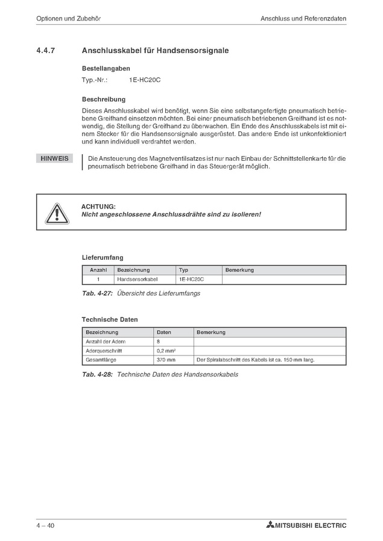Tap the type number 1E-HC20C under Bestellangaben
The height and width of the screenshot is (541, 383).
point(144,80)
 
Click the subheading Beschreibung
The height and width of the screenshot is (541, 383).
point(103,99)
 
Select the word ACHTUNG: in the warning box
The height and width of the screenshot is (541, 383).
point(98,207)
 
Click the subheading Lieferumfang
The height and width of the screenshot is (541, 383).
point(103,257)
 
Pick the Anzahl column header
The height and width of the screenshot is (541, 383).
point(98,270)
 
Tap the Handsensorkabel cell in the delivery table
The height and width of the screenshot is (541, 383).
point(137,280)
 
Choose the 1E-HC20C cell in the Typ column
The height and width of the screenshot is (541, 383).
point(192,280)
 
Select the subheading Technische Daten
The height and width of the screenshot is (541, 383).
point(110,319)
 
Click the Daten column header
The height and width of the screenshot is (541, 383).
point(164,332)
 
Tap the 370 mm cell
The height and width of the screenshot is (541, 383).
point(166,360)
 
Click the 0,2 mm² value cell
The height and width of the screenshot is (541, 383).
point(166,351)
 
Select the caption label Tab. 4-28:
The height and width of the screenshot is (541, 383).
point(98,374)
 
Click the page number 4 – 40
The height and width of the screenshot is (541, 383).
point(45,525)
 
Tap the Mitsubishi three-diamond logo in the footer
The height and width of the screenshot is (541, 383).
point(270,525)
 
